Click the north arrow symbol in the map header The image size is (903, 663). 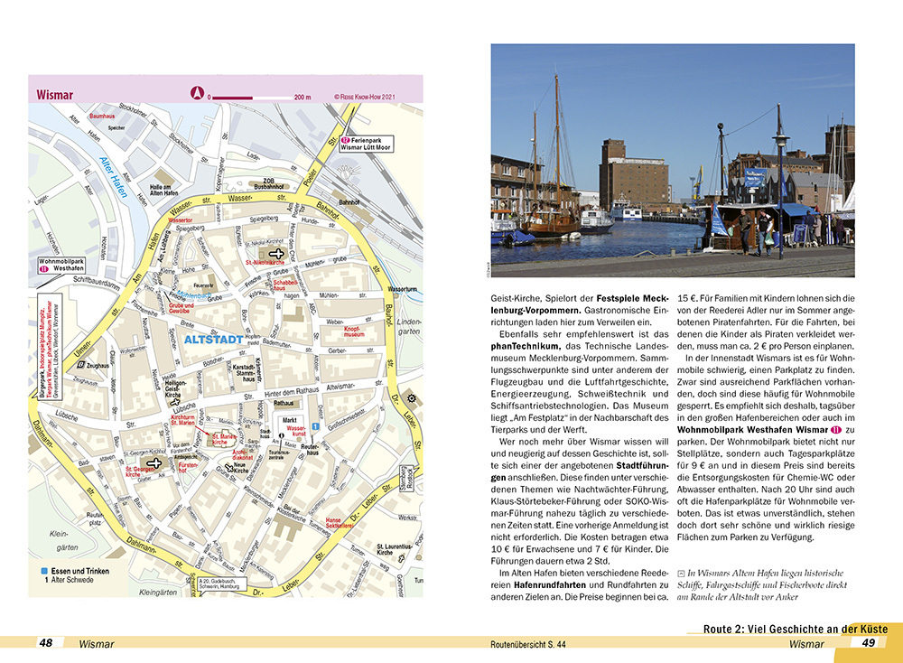(x=196, y=92)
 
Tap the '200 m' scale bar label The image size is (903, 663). (x=302, y=97)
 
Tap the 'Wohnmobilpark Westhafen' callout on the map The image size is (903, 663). (x=61, y=267)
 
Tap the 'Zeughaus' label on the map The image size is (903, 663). (x=98, y=365)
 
